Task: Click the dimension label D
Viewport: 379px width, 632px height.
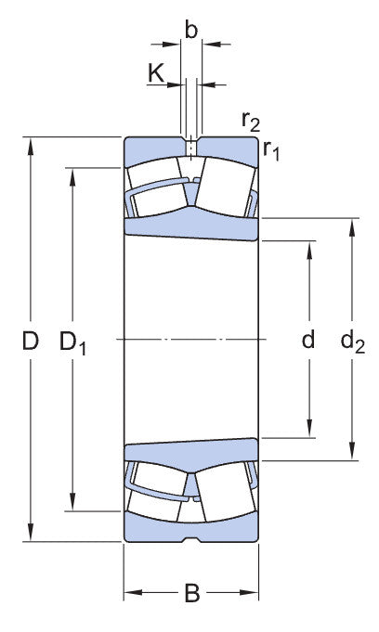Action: click(31, 341)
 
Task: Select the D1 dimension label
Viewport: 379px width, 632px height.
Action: click(72, 342)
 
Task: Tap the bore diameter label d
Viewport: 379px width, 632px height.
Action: click(308, 340)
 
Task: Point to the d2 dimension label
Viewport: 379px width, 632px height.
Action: click(353, 342)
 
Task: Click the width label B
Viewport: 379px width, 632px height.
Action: click(192, 593)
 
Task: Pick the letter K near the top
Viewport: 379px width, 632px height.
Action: click(156, 73)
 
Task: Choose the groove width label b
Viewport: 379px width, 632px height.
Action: click(191, 30)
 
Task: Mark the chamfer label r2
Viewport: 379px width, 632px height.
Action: click(251, 121)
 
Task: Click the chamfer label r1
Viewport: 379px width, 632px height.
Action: click(271, 150)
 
